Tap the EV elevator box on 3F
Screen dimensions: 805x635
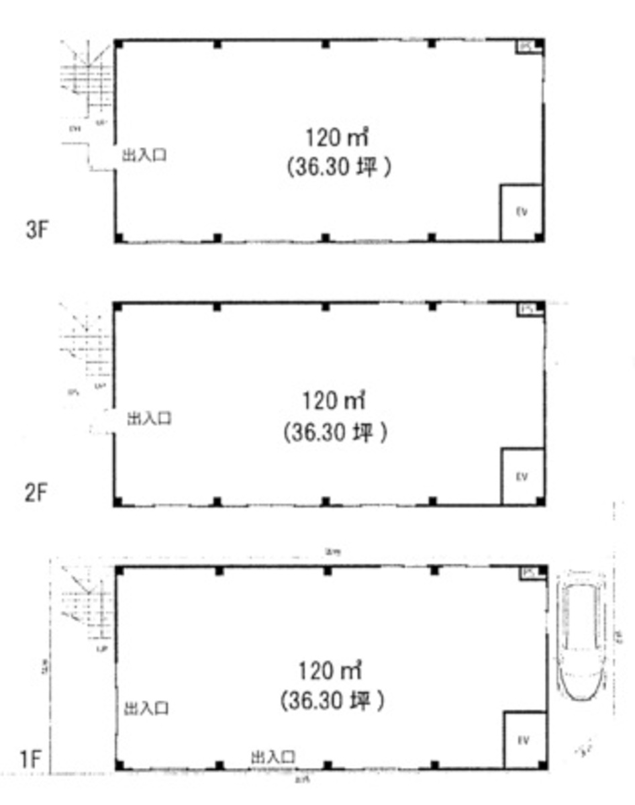coord(521,212)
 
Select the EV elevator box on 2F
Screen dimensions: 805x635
coord(522,477)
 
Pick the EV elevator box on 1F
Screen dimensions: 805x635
coord(524,741)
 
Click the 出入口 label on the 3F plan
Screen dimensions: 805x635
coord(144,156)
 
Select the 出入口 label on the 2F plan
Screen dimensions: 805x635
coord(149,419)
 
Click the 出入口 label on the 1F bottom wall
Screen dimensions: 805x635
coord(273,757)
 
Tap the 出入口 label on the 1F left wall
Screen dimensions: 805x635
coord(146,708)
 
